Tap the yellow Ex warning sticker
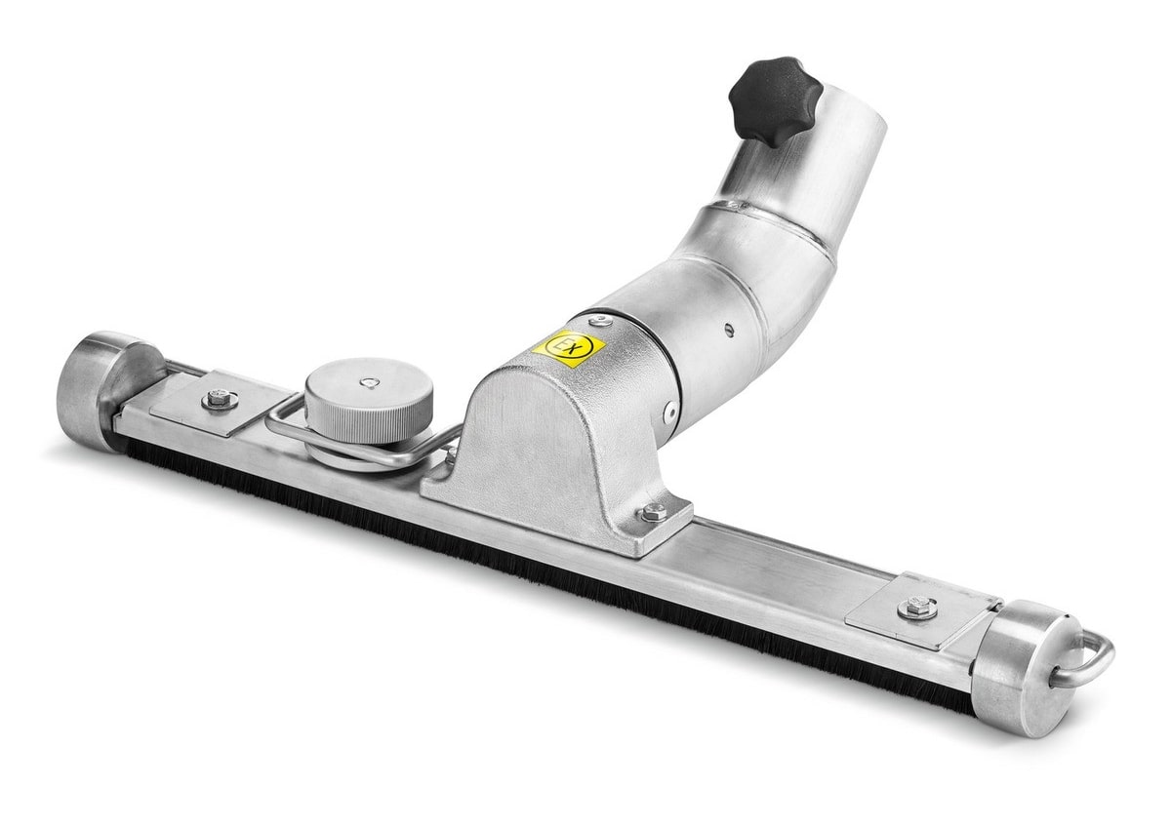click(568, 347)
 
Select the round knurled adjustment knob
click(369, 401)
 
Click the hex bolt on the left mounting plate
click(220, 400)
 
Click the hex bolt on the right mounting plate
click(917, 608)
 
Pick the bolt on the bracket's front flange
click(654, 512)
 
